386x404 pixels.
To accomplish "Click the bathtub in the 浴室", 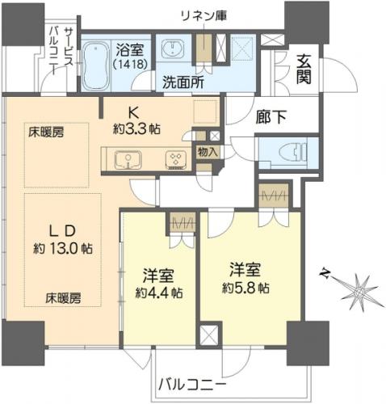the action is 96,65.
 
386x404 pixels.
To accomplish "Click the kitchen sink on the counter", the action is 128,160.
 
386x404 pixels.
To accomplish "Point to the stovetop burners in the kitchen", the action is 176,160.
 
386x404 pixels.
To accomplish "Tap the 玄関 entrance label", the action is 304,69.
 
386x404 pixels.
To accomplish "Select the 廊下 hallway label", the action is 271,117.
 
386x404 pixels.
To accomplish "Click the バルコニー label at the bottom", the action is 192,384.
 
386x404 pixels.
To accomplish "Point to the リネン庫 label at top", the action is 203,16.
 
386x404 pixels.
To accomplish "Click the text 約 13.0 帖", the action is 63,248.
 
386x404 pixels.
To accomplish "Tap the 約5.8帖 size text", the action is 245,288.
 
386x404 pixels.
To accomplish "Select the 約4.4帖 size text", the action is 159,292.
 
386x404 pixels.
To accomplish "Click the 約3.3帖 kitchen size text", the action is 136,130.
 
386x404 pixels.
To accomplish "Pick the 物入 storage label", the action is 208,153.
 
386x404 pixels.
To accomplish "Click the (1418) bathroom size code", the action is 130,64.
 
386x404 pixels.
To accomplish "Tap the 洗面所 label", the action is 183,82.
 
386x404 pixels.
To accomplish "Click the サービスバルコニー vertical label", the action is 61,51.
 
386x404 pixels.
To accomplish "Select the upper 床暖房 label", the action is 47,133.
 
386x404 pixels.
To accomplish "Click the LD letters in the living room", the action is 63,231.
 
